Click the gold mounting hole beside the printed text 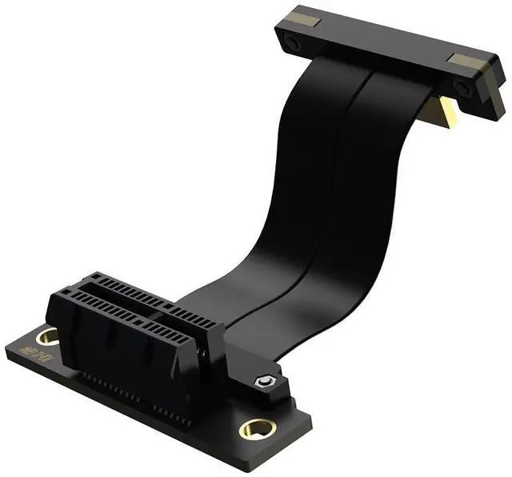[47, 336]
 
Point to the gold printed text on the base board [38, 358]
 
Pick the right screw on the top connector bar [462, 86]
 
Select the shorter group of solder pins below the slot [171, 415]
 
